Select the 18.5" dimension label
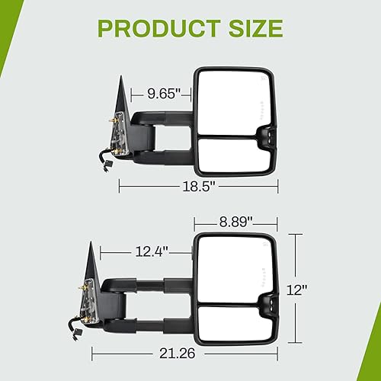point(199,185)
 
